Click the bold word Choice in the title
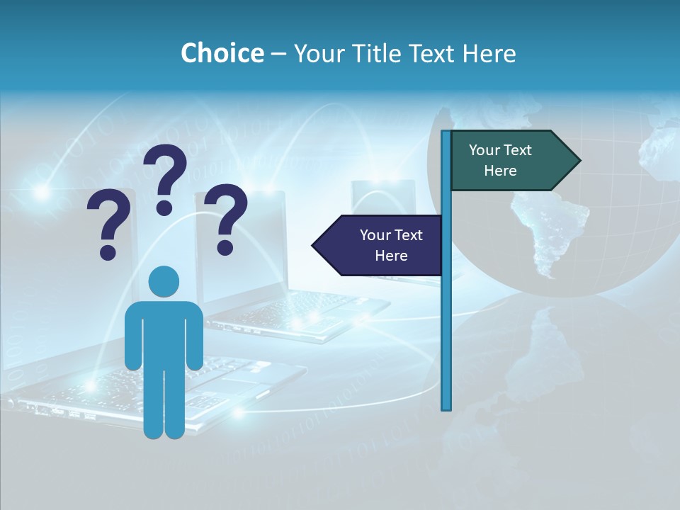[222, 53]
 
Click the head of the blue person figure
[164, 281]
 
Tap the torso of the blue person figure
[164, 333]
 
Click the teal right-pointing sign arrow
[510, 160]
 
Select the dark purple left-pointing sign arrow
[382, 245]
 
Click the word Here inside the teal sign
[500, 171]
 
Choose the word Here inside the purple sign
[391, 256]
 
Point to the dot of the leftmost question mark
[108, 251]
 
